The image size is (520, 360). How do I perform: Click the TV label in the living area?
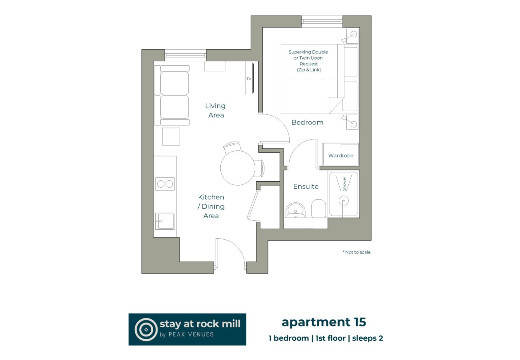click(x=248, y=79)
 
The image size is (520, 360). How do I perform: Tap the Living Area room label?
click(x=215, y=110)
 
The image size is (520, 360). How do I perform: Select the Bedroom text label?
click(x=307, y=122)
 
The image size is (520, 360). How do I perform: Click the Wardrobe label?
click(x=341, y=156)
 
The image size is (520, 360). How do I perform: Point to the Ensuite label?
click(x=306, y=186)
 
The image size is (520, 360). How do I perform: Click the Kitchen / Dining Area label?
click(x=211, y=206)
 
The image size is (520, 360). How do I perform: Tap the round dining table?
click(x=237, y=168)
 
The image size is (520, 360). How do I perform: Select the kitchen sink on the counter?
click(x=165, y=221)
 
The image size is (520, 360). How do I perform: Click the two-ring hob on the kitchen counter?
click(x=165, y=184)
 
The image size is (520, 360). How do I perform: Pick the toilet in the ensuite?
click(x=318, y=208)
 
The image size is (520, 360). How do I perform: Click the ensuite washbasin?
click(x=296, y=210)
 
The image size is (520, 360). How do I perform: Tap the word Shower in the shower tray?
click(x=344, y=183)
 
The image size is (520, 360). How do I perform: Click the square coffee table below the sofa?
click(x=171, y=136)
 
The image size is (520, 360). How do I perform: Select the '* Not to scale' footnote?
click(x=356, y=252)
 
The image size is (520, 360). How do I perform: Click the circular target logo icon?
click(x=146, y=329)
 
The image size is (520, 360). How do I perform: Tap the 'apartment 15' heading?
click(x=324, y=322)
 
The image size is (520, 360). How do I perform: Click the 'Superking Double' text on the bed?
click(x=308, y=52)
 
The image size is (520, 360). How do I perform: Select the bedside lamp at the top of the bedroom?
click(x=352, y=35)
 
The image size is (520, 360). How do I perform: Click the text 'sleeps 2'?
click(x=367, y=338)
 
